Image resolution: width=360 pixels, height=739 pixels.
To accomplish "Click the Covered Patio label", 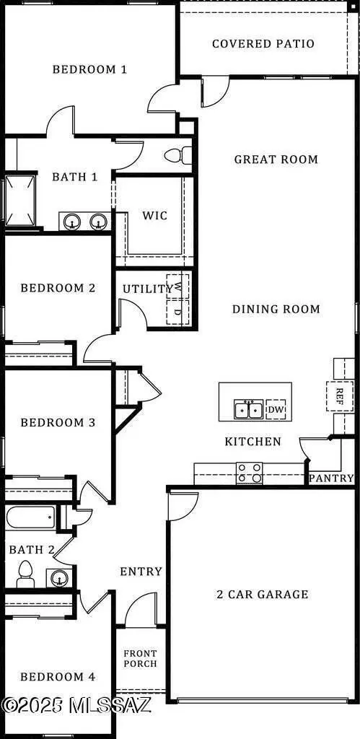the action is click(263, 44).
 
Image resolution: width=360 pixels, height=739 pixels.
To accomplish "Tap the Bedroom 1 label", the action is click(89, 70).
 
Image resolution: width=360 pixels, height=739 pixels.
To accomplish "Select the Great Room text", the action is click(276, 159).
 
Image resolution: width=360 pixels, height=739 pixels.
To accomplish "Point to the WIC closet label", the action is click(154, 216).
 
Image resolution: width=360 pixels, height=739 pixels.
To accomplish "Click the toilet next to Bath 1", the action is click(178, 155).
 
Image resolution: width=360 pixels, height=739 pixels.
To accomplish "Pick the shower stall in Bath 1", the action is click(19, 201).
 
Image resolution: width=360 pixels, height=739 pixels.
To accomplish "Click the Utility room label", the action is click(147, 289).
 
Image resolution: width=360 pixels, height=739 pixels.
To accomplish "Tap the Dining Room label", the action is click(276, 309).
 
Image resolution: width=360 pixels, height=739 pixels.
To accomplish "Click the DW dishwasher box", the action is click(276, 410).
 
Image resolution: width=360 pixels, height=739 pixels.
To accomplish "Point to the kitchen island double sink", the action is click(249, 410).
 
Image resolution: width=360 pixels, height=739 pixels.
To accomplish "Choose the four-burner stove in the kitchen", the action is click(250, 473).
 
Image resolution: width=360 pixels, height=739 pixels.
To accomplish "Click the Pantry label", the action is click(331, 478).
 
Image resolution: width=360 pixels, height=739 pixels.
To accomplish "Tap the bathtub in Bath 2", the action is click(30, 517).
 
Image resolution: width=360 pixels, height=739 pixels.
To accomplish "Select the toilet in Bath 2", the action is click(24, 574).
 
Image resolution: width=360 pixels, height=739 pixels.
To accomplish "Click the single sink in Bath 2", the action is click(59, 577).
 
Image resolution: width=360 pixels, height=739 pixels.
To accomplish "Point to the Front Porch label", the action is click(141, 658).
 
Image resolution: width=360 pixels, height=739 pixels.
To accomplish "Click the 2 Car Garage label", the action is click(263, 595).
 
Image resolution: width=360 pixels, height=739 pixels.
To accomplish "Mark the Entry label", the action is click(141, 572).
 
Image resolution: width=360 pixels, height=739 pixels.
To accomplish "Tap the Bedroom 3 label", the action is click(58, 423).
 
